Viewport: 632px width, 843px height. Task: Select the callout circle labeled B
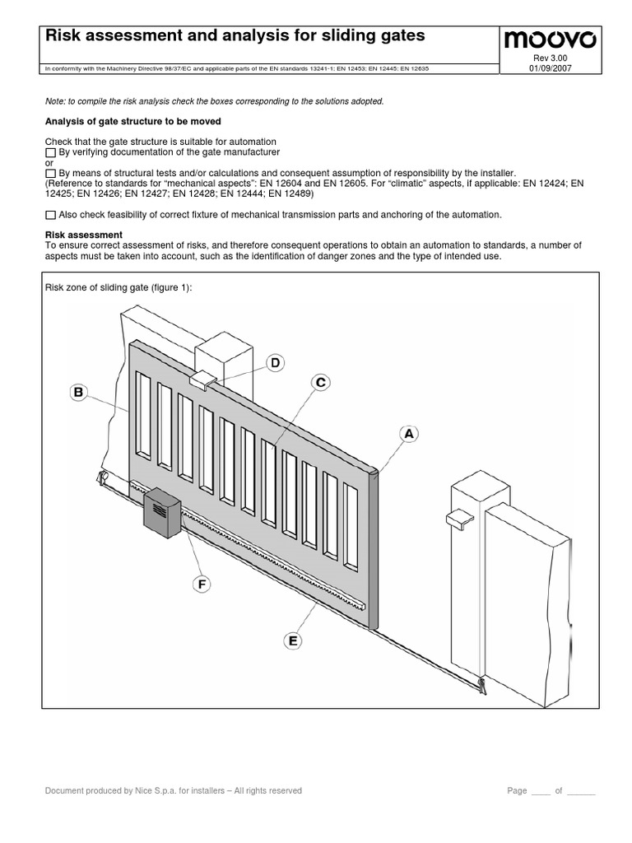pyautogui.click(x=79, y=394)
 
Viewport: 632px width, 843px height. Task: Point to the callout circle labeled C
pyautogui.click(x=321, y=383)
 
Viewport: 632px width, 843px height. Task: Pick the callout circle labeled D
pyautogui.click(x=276, y=363)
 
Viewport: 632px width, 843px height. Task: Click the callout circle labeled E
pyautogui.click(x=291, y=640)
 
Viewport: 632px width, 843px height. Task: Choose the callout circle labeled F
pyautogui.click(x=201, y=584)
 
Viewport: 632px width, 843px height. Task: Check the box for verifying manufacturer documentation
pyautogui.click(x=50, y=153)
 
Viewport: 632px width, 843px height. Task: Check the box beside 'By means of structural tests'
pyautogui.click(x=50, y=174)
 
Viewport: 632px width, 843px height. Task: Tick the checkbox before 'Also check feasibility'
pyautogui.click(x=50, y=215)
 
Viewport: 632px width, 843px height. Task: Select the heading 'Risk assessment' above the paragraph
pyautogui.click(x=83, y=235)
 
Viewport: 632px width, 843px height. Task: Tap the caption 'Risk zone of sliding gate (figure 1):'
pyautogui.click(x=121, y=288)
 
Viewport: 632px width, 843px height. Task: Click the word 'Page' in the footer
pyautogui.click(x=517, y=791)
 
